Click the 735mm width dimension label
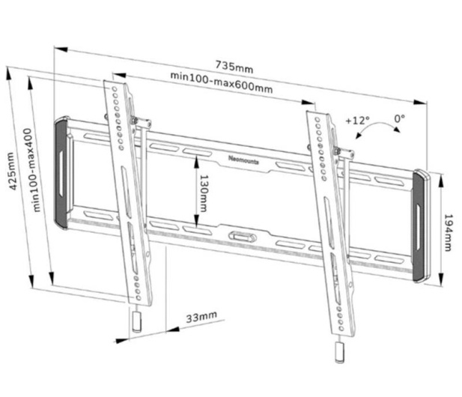click(x=234, y=67)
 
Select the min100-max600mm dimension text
click(x=222, y=82)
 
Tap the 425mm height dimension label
click(x=12, y=171)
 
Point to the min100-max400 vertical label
click(x=32, y=170)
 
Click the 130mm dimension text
click(x=204, y=193)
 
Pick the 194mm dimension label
click(x=448, y=232)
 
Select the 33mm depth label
click(x=201, y=317)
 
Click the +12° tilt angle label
click(x=357, y=121)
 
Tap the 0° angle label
click(x=400, y=118)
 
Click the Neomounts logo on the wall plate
click(x=243, y=160)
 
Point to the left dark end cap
click(x=61, y=173)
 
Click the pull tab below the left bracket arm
click(x=136, y=322)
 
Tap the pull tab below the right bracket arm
click(x=339, y=352)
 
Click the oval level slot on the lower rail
click(x=242, y=237)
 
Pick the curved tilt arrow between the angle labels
click(x=377, y=127)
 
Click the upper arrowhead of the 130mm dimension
click(x=196, y=162)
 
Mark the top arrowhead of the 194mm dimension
click(x=441, y=181)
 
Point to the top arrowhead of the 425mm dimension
click(x=9, y=73)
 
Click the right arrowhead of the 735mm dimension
click(x=419, y=102)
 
